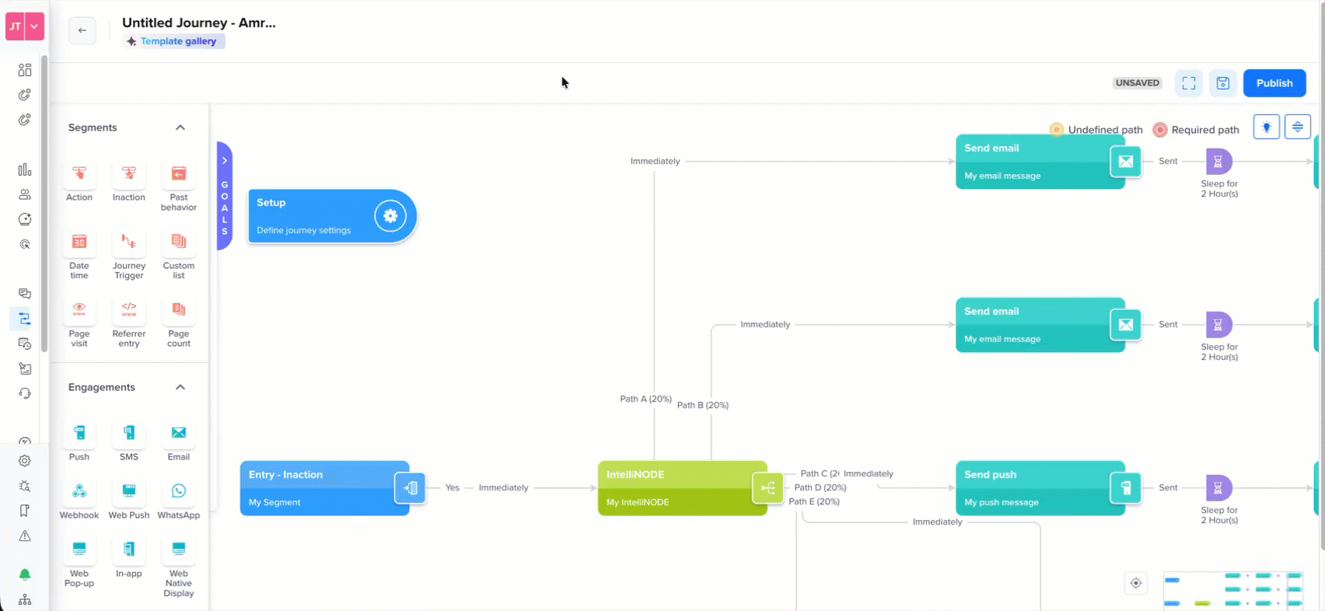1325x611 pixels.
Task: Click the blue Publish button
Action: [1274, 83]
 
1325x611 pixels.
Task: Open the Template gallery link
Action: [178, 41]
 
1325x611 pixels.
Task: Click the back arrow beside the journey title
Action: [82, 30]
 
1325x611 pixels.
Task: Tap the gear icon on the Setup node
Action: [390, 216]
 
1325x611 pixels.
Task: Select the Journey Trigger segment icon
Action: [129, 241]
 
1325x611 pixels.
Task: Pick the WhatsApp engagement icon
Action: [179, 491]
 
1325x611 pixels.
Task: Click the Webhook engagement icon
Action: [79, 491]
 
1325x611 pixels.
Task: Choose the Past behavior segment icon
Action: [179, 173]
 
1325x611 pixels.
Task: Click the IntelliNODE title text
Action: [635, 474]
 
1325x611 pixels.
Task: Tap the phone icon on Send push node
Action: [1126, 488]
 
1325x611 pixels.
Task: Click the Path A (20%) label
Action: [645, 399]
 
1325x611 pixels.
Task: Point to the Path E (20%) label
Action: [814, 501]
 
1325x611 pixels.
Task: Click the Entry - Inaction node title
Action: [285, 474]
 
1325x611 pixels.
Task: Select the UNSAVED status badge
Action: [1137, 83]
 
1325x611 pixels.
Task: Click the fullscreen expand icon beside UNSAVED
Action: [1189, 83]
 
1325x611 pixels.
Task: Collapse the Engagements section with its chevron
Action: [180, 387]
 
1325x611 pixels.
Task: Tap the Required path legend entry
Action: [1196, 130]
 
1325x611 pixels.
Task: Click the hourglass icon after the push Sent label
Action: [1218, 488]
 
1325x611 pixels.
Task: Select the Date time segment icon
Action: [79, 241]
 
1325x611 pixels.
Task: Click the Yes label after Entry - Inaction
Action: [452, 487]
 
